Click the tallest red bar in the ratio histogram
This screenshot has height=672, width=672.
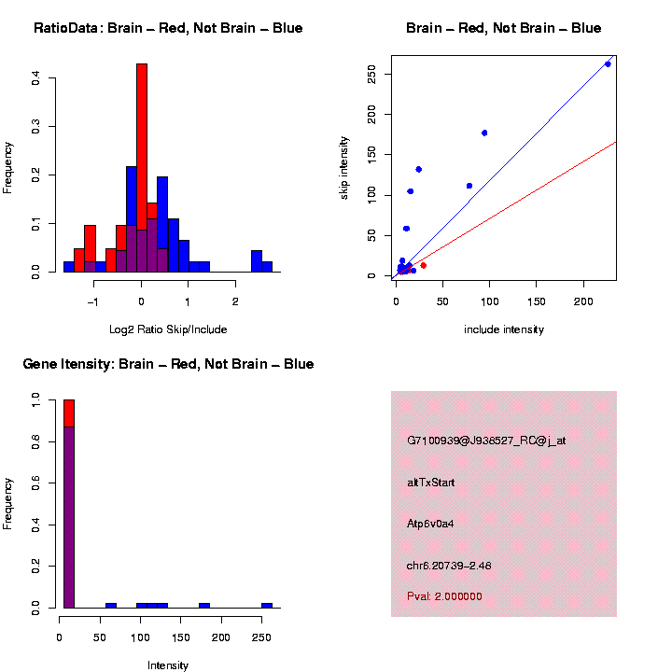142,149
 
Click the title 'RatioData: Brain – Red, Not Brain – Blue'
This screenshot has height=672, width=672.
168,28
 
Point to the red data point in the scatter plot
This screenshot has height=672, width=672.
423,265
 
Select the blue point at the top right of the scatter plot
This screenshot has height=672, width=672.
608,63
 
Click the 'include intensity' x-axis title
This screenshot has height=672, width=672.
504,329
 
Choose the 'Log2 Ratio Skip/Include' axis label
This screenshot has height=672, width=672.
168,329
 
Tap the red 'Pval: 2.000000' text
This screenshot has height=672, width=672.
444,596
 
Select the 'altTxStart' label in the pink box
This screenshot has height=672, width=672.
431,483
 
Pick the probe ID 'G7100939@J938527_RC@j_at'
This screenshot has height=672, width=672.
486,441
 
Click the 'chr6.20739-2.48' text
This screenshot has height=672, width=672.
449,566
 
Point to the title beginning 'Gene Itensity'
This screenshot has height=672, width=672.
168,364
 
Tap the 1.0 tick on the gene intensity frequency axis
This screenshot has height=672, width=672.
36,399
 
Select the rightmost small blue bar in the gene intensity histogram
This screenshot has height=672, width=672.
267,605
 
